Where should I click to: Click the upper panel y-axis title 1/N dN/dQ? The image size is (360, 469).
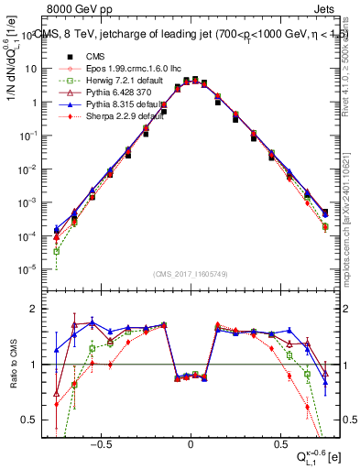pos(12,68)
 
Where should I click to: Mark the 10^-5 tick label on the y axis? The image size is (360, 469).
pos(30,269)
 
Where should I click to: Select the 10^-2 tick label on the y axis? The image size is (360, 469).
pos(30,169)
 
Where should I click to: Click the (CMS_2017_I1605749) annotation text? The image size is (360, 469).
pos(191,273)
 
